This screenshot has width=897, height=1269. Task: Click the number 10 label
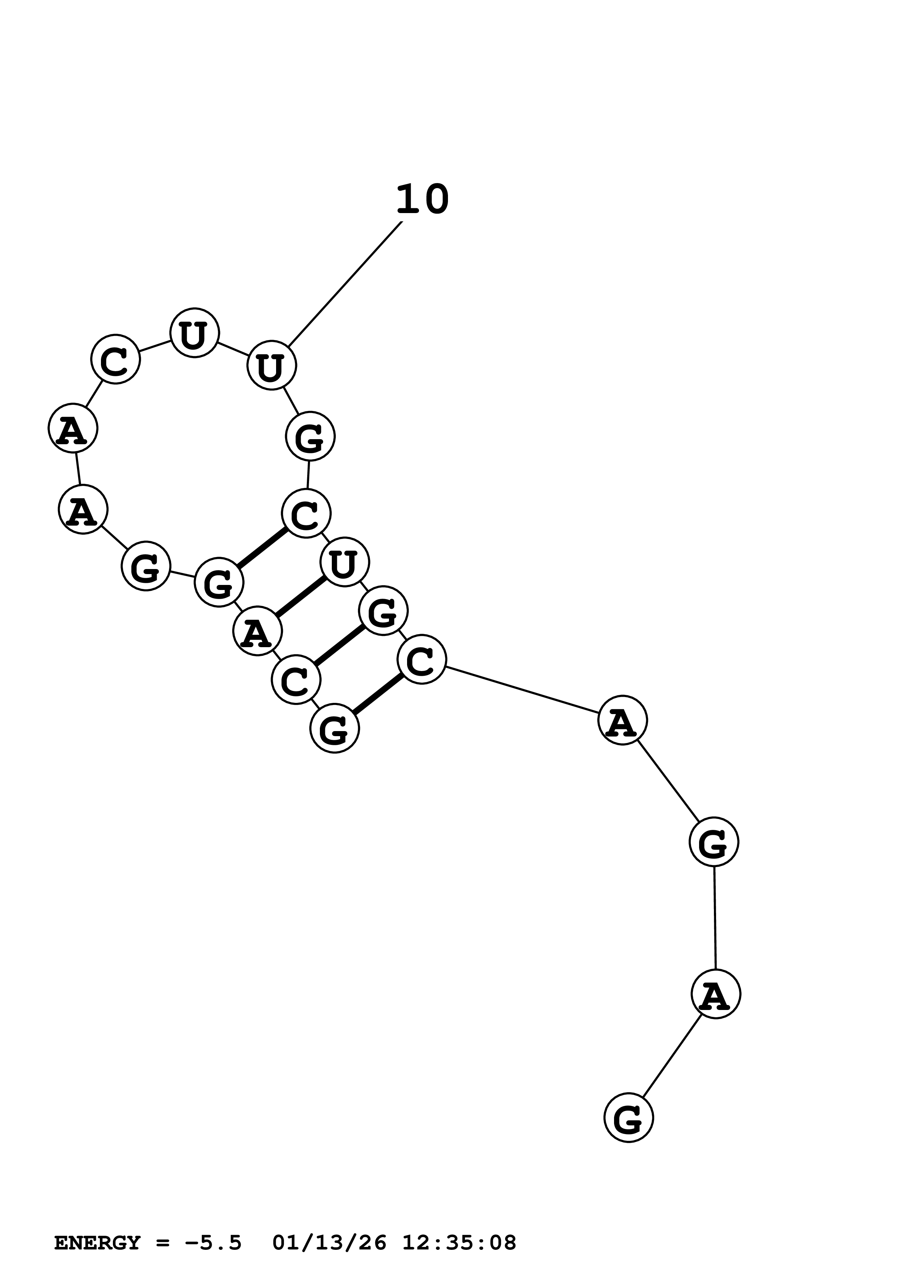click(x=422, y=200)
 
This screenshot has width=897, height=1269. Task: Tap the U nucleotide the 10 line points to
click(x=271, y=365)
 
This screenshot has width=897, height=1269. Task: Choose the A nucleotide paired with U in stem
click(x=258, y=631)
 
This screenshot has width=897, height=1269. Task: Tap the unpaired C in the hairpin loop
click(x=115, y=359)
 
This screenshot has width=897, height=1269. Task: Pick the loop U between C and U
click(x=194, y=333)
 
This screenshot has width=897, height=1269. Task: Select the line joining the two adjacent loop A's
click(x=78, y=469)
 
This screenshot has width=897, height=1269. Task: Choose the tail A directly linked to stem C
click(x=622, y=720)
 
